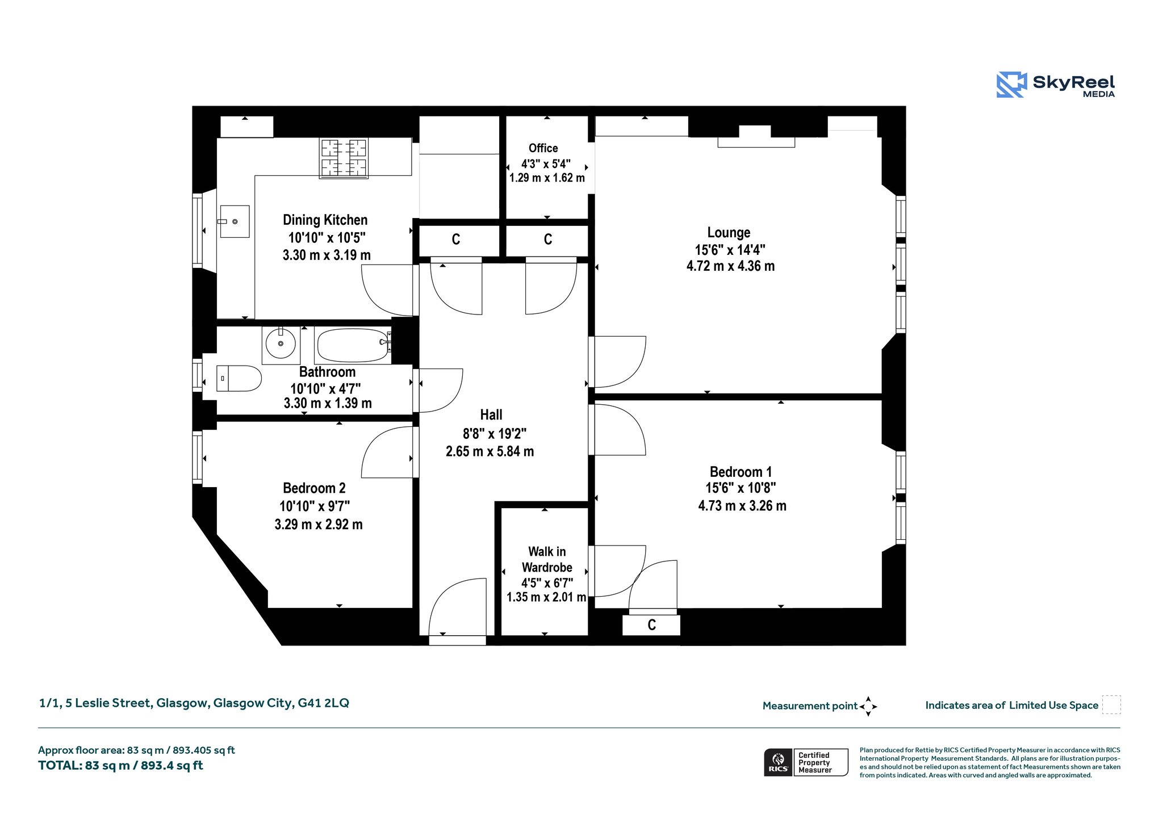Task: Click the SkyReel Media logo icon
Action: click(x=1011, y=85)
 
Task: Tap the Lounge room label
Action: click(x=729, y=233)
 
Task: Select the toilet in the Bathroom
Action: click(x=239, y=379)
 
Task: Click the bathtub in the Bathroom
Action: click(x=353, y=345)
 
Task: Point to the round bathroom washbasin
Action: click(x=281, y=343)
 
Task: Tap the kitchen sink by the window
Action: click(x=235, y=221)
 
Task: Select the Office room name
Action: click(x=543, y=148)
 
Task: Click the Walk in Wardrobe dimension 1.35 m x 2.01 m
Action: click(x=546, y=597)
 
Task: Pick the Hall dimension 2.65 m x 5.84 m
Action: click(x=490, y=452)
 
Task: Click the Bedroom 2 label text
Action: click(x=314, y=488)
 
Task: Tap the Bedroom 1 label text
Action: click(x=741, y=472)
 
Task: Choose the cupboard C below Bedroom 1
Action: click(x=651, y=625)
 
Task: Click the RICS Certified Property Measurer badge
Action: click(x=806, y=762)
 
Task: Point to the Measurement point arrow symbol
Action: click(x=868, y=707)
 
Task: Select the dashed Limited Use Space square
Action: click(x=1111, y=705)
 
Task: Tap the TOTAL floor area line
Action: click(x=120, y=766)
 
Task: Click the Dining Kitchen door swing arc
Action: click(x=386, y=291)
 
